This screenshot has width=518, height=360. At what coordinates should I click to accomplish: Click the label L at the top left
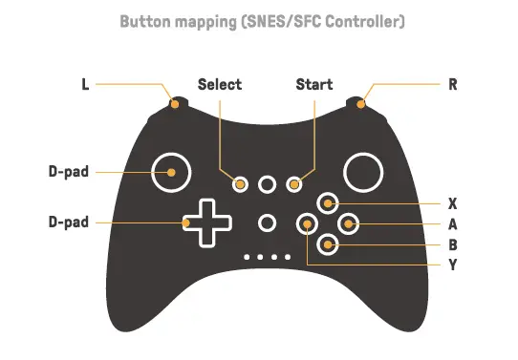pos(84,84)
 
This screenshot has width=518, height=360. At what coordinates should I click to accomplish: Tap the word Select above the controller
pos(220,84)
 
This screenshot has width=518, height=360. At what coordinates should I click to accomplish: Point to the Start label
pos(314,84)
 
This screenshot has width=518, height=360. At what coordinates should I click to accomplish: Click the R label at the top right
pos(453,84)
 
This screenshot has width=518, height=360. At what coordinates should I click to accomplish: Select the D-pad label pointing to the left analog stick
pos(69,173)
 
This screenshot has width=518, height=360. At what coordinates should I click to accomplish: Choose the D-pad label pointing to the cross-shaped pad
pos(69,222)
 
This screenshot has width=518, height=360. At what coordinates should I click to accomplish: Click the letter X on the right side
pos(453,203)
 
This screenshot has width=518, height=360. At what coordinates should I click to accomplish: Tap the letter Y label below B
pos(453,264)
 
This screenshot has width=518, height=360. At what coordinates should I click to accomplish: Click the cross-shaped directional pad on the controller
pos(208,223)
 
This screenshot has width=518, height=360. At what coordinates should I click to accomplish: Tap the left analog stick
pos(171,173)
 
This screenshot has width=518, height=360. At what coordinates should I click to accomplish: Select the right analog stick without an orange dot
pos(364,173)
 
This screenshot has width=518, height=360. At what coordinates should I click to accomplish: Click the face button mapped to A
pos(349,224)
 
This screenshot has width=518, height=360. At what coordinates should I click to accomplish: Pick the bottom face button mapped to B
pos(328,244)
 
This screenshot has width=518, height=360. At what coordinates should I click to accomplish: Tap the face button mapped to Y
pos(307,224)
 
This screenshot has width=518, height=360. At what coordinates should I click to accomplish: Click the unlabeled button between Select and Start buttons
pos(268,182)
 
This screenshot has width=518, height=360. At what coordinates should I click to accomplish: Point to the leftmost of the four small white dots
pos(248,258)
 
